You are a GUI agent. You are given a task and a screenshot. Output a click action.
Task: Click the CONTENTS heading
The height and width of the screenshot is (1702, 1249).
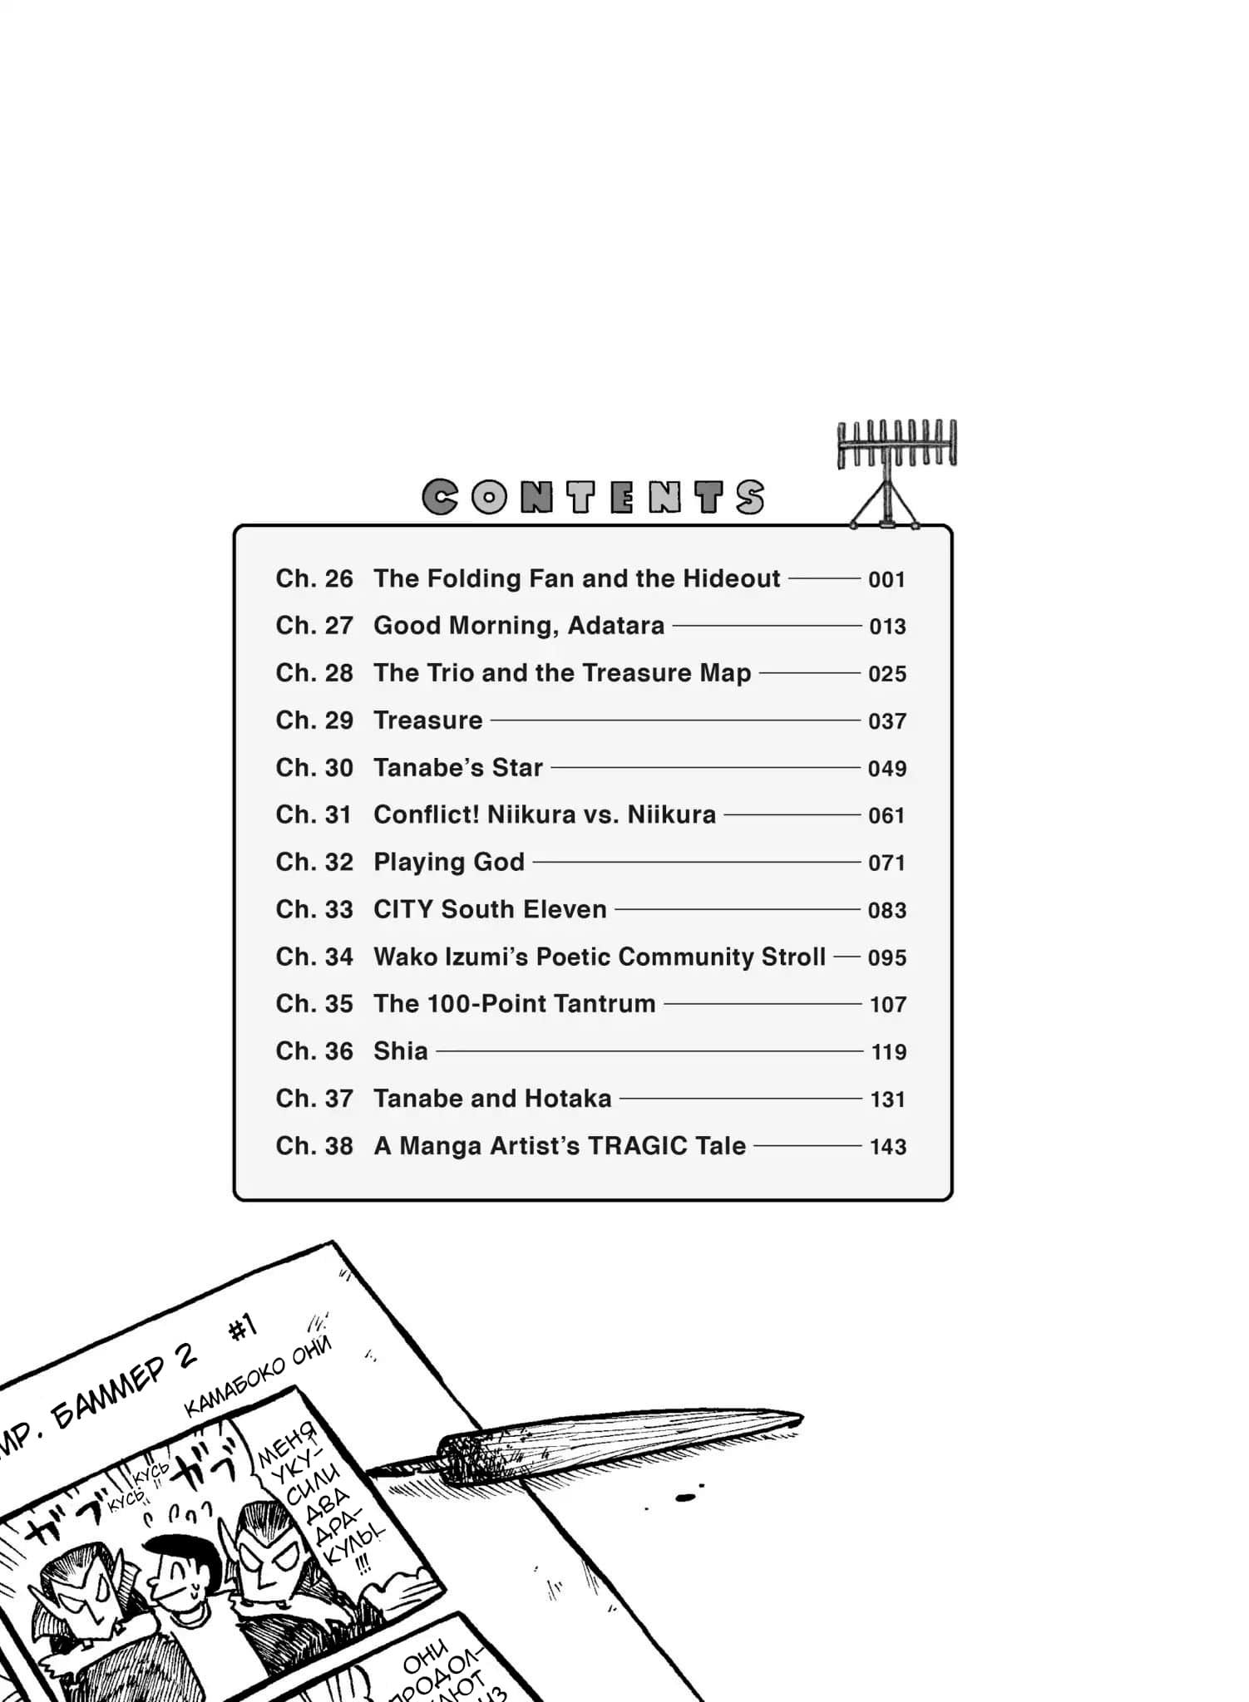[x=593, y=497]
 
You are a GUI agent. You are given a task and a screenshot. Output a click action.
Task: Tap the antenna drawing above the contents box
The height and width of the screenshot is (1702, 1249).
[x=896, y=470]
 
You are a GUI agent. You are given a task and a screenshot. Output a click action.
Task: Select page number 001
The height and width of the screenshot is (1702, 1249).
[x=886, y=579]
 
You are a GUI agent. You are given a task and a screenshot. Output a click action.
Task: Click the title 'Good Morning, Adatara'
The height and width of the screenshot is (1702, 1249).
[x=519, y=626]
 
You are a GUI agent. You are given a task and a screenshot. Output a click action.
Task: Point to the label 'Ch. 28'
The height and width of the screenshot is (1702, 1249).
[x=314, y=673]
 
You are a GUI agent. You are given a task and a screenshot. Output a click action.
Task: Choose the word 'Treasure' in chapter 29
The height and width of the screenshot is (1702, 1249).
[x=428, y=721]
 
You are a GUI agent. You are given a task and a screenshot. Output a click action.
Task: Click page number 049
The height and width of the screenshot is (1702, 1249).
[x=886, y=769]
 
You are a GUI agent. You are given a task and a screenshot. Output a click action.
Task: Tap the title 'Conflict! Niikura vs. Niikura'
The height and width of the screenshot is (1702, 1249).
[x=545, y=814]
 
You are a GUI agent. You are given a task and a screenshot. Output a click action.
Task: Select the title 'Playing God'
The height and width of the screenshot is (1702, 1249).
[x=449, y=862]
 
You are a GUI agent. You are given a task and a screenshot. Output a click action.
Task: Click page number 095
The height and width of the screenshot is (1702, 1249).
[x=886, y=957]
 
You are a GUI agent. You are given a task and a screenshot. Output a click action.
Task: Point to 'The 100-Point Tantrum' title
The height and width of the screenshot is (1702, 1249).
[x=515, y=1004]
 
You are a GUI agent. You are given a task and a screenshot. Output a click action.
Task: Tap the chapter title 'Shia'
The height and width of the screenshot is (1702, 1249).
[x=401, y=1051]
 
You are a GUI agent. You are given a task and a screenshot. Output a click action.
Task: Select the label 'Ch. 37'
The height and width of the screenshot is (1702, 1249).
[x=314, y=1099]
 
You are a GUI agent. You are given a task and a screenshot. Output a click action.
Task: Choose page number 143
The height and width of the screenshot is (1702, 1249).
[x=887, y=1147]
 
